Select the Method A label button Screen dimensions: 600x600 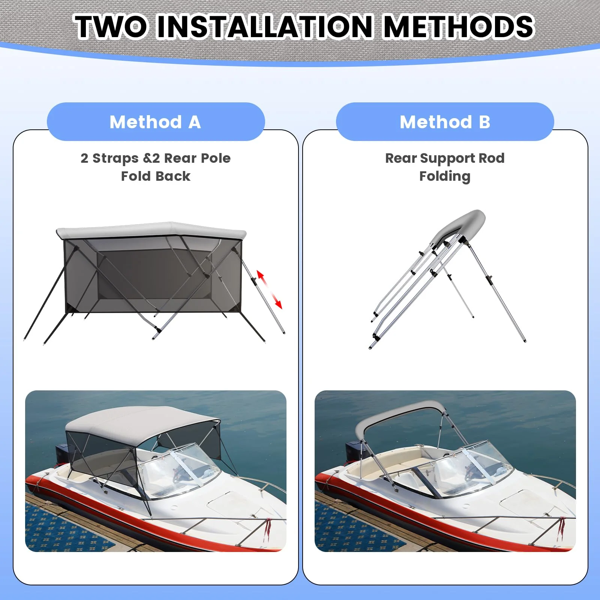click(156, 122)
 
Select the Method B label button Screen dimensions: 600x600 click(445, 122)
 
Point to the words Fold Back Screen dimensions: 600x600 click(156, 176)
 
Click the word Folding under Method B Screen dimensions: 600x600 click(445, 176)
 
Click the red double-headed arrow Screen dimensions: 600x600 click(269, 289)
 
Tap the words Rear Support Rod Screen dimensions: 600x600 click(445, 158)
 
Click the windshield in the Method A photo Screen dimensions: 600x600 click(180, 474)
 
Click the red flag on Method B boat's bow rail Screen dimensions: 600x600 click(561, 527)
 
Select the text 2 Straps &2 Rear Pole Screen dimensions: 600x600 click(156, 158)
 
